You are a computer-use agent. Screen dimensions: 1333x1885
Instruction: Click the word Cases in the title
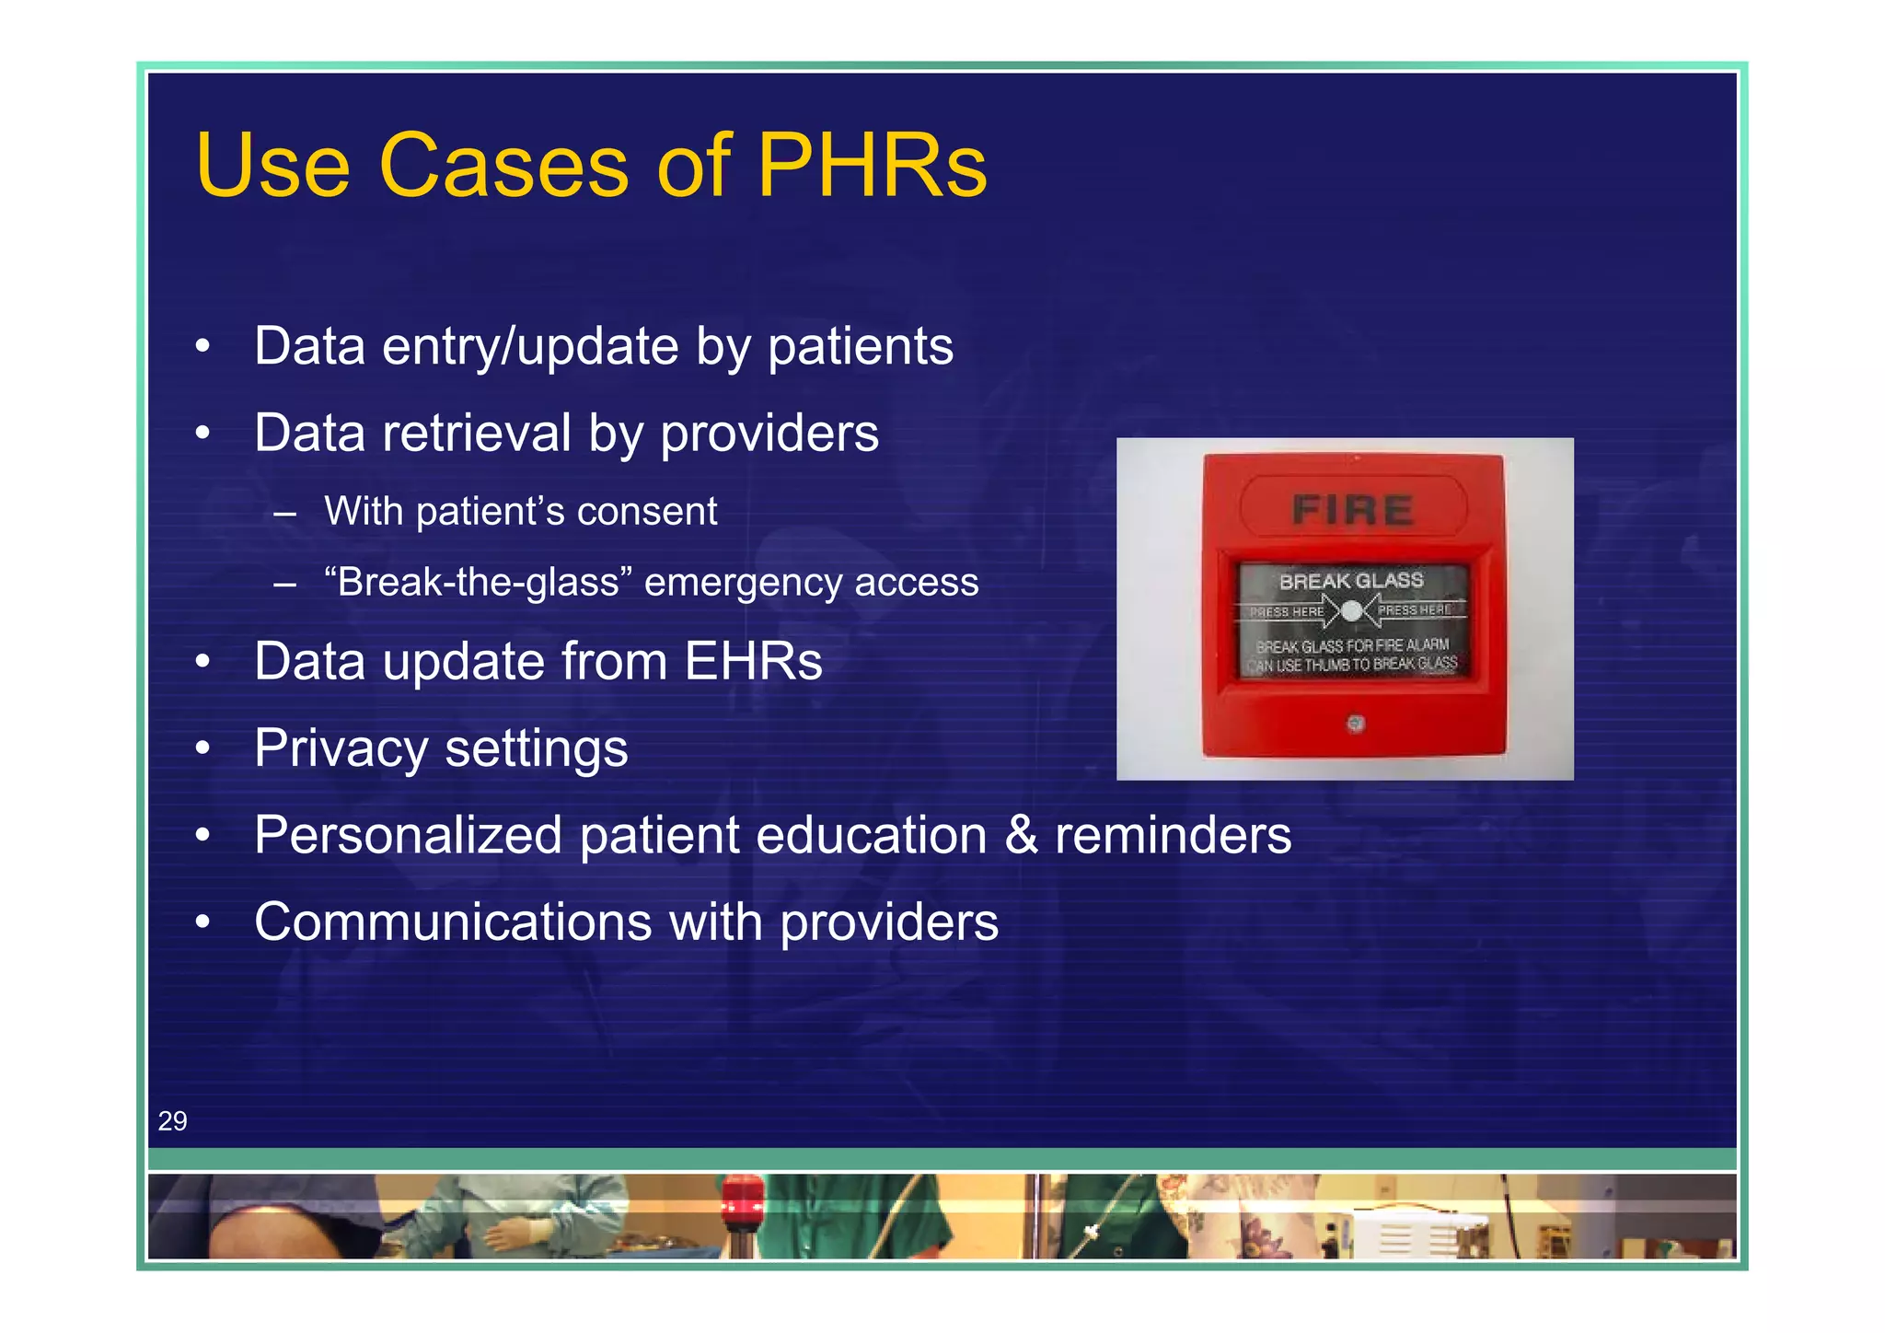pyautogui.click(x=503, y=166)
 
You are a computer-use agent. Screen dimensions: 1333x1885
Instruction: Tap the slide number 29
pyautogui.click(x=172, y=1120)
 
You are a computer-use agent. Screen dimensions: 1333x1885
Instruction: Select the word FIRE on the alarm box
pyautogui.click(x=1352, y=509)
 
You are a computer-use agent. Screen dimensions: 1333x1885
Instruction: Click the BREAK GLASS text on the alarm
pyautogui.click(x=1350, y=581)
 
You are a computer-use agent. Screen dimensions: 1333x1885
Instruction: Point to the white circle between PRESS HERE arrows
pyautogui.click(x=1351, y=610)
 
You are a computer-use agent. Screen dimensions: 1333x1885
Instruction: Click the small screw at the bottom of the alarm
pyautogui.click(x=1355, y=724)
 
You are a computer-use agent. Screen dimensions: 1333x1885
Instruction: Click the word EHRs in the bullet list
pyautogui.click(x=753, y=661)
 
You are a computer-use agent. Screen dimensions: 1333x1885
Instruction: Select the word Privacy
pyautogui.click(x=341, y=748)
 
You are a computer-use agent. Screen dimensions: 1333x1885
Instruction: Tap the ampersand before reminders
pyautogui.click(x=1021, y=835)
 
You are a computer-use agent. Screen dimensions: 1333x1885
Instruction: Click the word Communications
pyautogui.click(x=453, y=922)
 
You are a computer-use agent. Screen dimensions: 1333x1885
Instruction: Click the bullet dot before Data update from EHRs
pyautogui.click(x=202, y=662)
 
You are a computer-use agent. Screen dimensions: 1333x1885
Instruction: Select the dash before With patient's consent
pyautogui.click(x=284, y=513)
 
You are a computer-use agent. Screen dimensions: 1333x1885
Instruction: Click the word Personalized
pyautogui.click(x=408, y=835)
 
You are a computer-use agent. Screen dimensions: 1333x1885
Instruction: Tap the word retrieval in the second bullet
pyautogui.click(x=477, y=433)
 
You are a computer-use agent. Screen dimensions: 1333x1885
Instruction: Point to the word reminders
pyautogui.click(x=1173, y=835)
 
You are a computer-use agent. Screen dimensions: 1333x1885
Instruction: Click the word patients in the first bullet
pyautogui.click(x=860, y=346)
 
